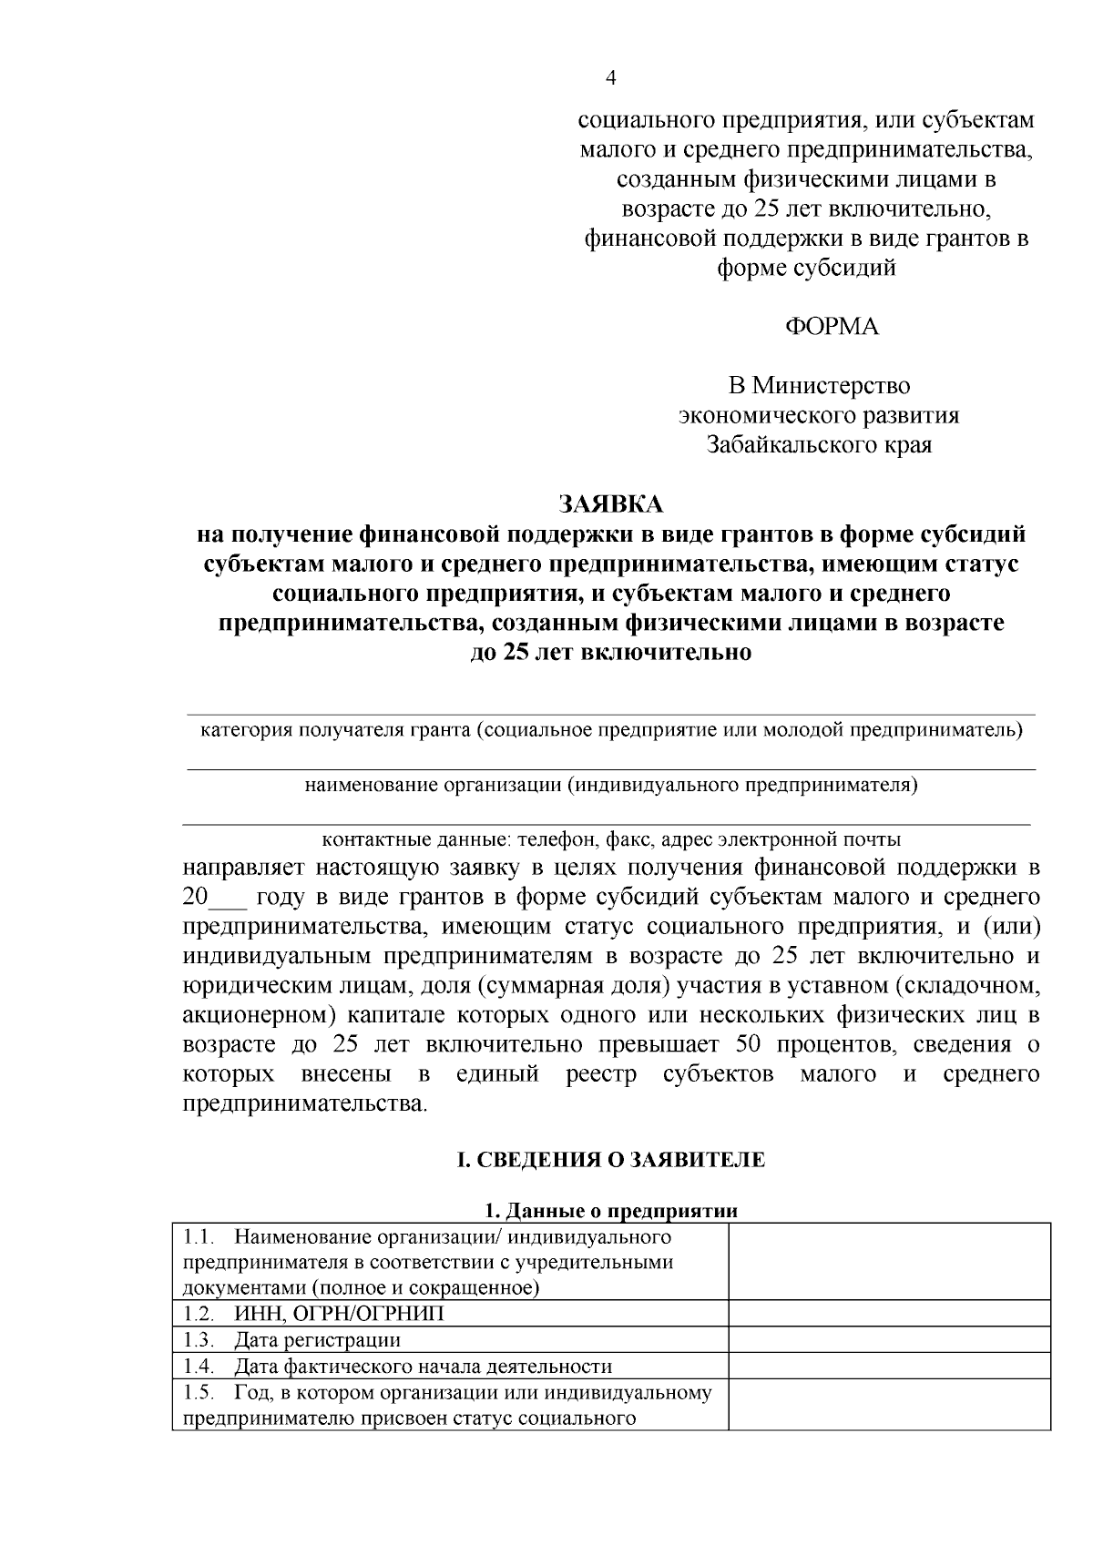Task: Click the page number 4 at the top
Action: click(611, 77)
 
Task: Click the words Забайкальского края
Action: click(820, 445)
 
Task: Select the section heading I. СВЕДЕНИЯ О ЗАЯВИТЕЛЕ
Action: click(610, 1160)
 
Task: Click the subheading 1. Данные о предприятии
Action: click(610, 1211)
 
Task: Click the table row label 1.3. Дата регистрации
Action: click(291, 1340)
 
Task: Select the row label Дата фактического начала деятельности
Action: click(422, 1367)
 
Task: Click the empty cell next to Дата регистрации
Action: click(889, 1339)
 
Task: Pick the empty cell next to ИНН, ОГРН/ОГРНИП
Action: click(889, 1313)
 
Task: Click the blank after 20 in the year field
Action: click(228, 897)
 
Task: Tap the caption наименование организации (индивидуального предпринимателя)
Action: click(610, 785)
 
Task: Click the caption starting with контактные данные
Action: click(610, 839)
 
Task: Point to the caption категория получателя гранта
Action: click(610, 730)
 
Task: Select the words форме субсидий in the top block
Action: click(806, 268)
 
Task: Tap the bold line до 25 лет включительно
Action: click(610, 654)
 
